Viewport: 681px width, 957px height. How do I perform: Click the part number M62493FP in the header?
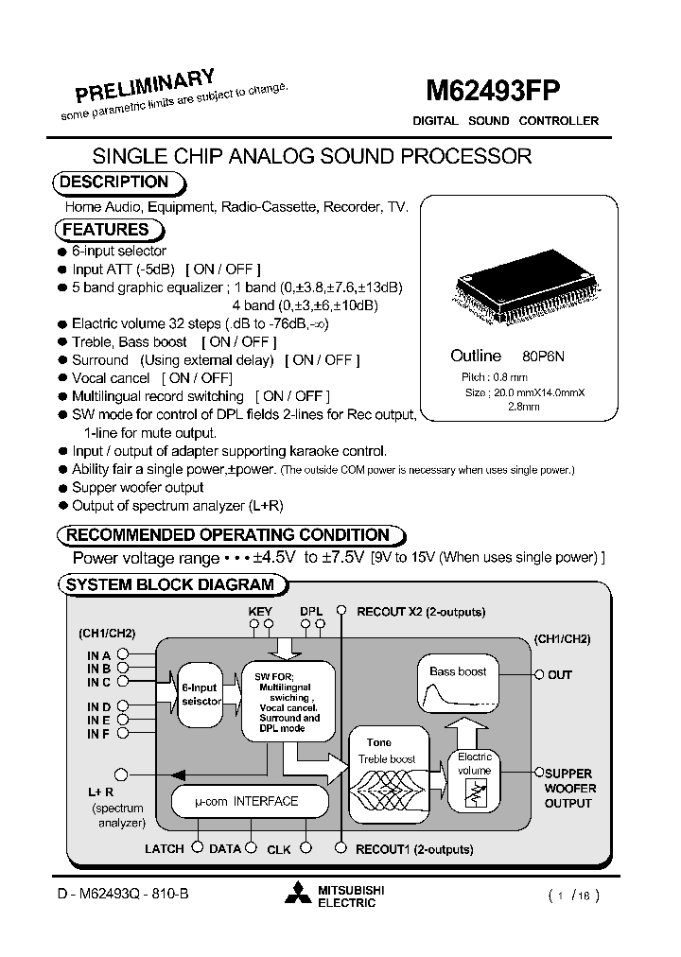[x=493, y=91]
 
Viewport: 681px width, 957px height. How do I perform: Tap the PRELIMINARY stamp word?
[x=146, y=86]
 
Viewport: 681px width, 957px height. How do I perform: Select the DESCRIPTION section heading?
[x=114, y=183]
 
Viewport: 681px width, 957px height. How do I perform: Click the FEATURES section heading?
[x=106, y=230]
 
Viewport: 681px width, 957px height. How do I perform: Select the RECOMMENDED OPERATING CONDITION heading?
[x=228, y=535]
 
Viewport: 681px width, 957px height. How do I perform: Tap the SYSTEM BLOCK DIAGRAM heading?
[x=170, y=584]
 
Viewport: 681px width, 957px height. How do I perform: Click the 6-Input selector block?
[x=200, y=694]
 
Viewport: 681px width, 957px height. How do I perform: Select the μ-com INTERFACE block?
[x=247, y=801]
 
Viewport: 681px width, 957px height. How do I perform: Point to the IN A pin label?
[x=99, y=655]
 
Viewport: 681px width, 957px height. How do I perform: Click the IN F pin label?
[x=99, y=733]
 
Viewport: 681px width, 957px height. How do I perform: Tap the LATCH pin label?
[x=165, y=849]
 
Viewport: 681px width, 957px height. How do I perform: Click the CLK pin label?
[x=279, y=850]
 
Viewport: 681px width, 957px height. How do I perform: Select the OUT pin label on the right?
[x=560, y=675]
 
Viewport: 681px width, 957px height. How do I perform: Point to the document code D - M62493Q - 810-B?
[x=120, y=894]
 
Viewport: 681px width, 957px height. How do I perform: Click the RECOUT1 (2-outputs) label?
[x=414, y=849]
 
